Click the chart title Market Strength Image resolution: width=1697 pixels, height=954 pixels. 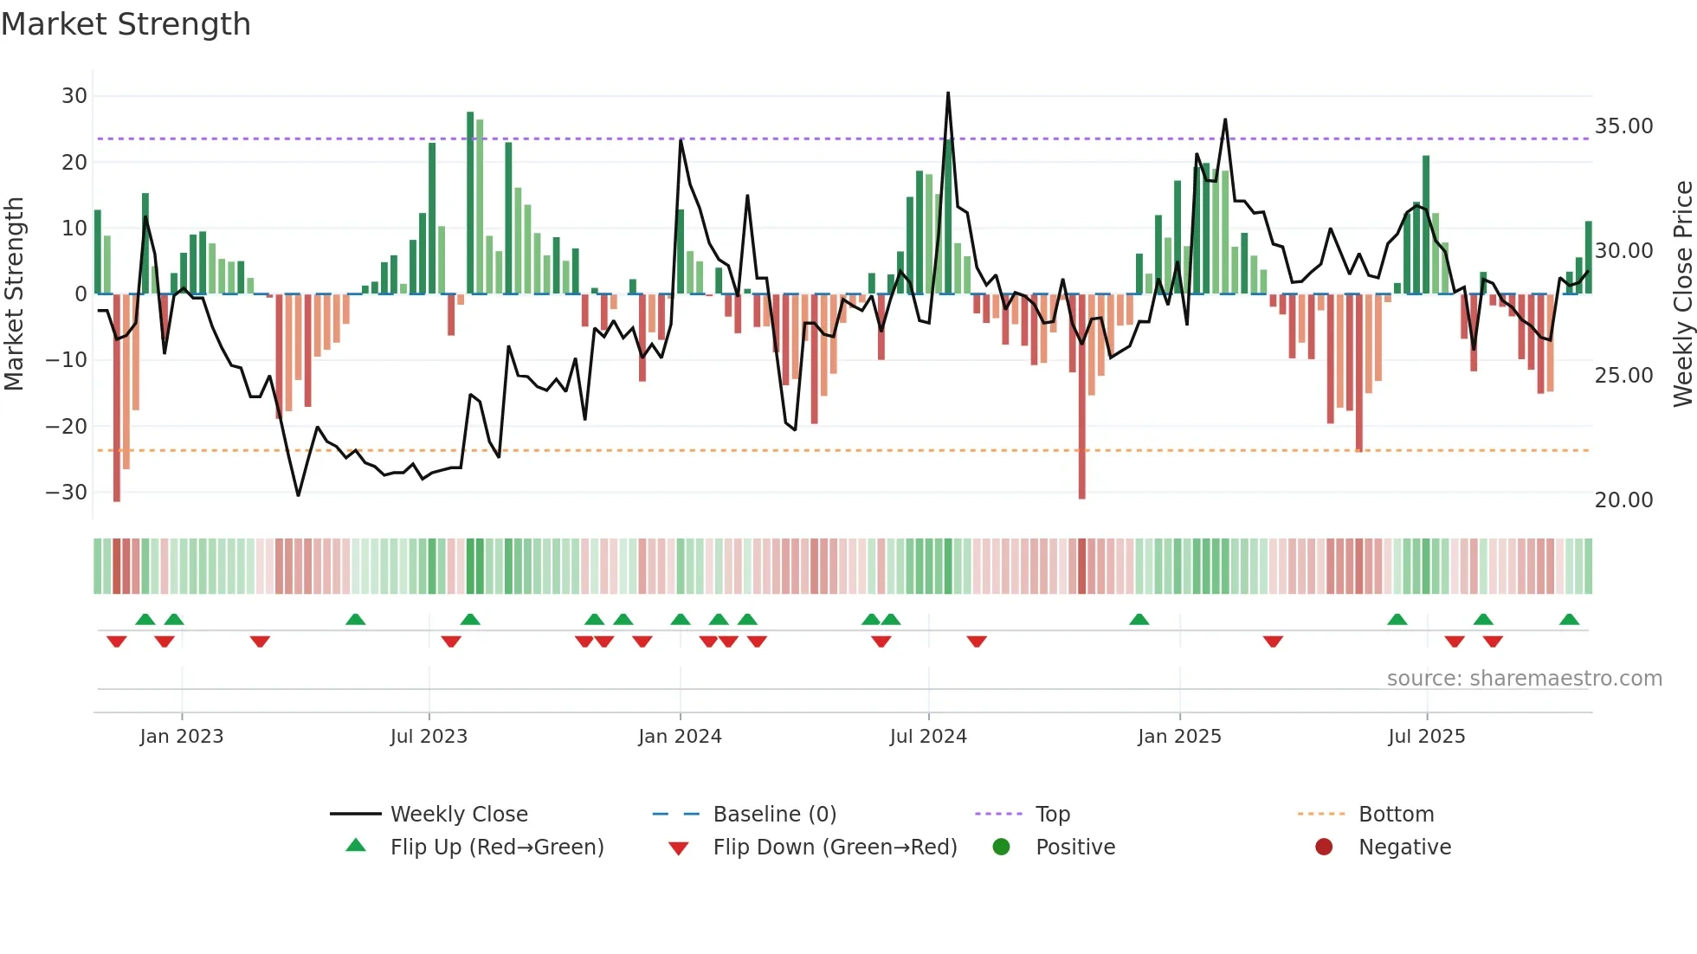(x=126, y=24)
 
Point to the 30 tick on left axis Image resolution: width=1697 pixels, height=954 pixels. (x=74, y=96)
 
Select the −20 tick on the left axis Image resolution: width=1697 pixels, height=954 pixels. (x=67, y=426)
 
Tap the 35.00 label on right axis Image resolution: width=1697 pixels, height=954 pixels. (x=1623, y=126)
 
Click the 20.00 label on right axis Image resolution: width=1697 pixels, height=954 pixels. (x=1623, y=500)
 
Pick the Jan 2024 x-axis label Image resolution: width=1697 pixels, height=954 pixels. (x=680, y=737)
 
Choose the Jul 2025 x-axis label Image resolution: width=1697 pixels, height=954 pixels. (x=1426, y=737)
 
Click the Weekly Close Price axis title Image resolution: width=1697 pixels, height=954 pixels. (x=1682, y=294)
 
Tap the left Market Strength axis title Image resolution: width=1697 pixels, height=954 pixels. (x=14, y=294)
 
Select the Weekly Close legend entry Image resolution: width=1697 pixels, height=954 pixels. (x=459, y=815)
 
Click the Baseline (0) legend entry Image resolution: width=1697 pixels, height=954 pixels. (x=774, y=815)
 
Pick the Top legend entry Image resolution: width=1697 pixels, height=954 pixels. (x=1053, y=815)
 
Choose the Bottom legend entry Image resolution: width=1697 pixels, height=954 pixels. (x=1396, y=815)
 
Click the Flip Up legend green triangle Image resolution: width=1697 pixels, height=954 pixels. (x=356, y=846)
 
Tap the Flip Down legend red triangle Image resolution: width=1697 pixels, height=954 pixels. (x=679, y=848)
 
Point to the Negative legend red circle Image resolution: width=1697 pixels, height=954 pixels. (x=1324, y=847)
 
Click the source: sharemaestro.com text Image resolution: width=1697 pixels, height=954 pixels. (x=1524, y=679)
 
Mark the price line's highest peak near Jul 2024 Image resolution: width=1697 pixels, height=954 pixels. (x=948, y=93)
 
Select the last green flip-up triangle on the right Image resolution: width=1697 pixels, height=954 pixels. (x=1569, y=620)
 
